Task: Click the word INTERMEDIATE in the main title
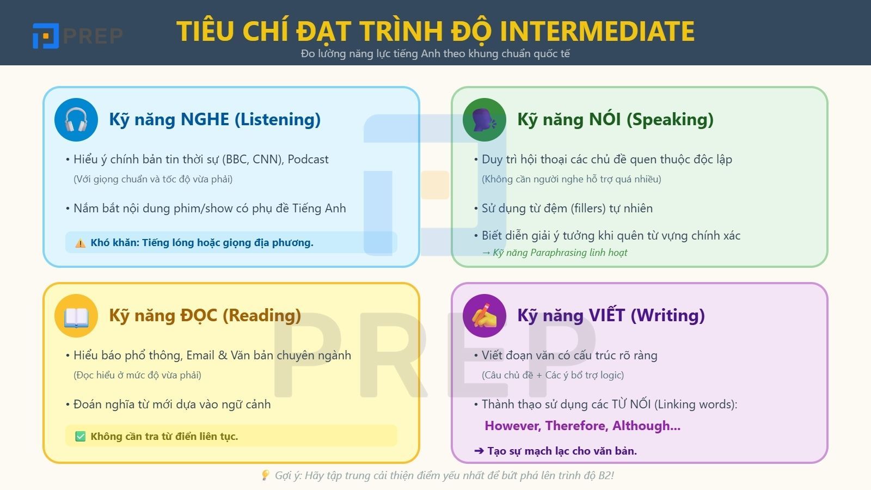pos(597,31)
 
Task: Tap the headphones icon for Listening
pos(76,120)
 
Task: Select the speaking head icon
pos(484,120)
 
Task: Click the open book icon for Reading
pos(76,316)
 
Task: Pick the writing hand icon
pos(484,316)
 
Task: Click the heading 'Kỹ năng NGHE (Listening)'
pos(214,120)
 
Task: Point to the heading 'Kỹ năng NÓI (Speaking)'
pos(615,120)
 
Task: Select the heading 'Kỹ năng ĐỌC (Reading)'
pos(205,316)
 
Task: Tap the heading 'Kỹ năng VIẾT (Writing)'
pos(611,316)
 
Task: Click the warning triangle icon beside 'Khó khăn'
pos(81,243)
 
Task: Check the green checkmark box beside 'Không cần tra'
pos(81,437)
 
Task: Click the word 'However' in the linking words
pos(512,426)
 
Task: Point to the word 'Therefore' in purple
pos(576,426)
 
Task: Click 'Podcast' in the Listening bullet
pos(308,160)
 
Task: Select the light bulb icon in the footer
pos(265,475)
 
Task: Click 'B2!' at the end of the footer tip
pos(606,475)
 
